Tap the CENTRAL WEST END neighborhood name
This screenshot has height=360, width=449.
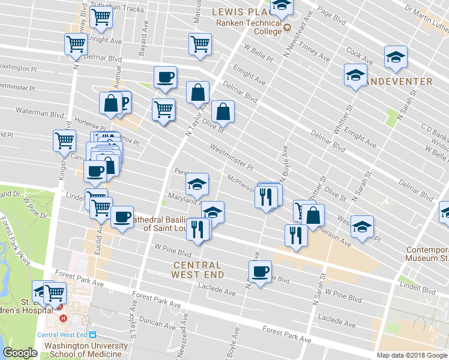click(x=197, y=269)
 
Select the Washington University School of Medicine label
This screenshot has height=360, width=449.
click(x=86, y=349)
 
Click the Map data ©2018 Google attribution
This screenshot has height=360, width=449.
click(x=412, y=355)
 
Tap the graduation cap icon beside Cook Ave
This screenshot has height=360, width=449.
click(x=396, y=56)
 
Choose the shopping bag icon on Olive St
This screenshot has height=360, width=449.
click(x=223, y=110)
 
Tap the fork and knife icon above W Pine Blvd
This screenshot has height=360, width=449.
click(x=198, y=228)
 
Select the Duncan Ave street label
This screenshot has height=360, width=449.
click(x=154, y=323)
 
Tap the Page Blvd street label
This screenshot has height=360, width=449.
click(x=332, y=17)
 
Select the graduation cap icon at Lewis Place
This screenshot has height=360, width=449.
click(x=280, y=7)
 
